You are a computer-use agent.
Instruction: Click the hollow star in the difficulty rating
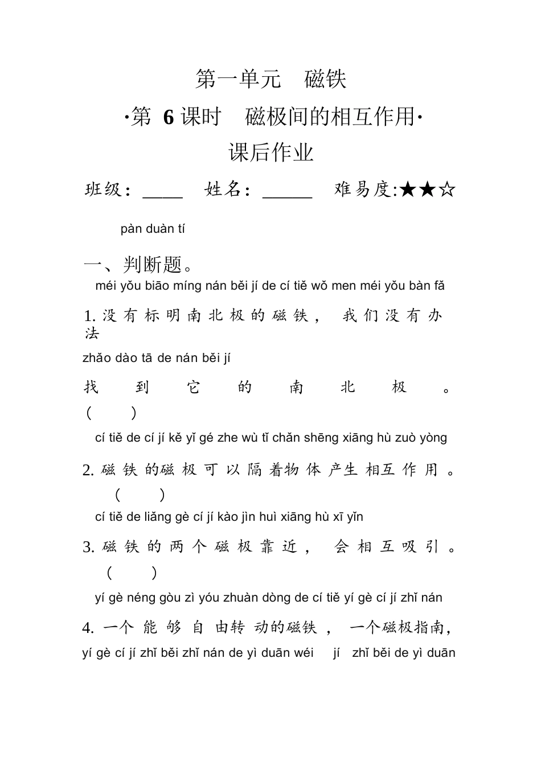448,189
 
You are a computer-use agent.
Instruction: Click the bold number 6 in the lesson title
168,117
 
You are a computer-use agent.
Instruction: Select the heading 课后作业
271,153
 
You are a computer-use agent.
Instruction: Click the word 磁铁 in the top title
325,79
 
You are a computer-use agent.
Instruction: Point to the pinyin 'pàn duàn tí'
153,229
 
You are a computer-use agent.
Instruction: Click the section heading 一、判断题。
140,265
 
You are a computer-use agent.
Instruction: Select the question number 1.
88,316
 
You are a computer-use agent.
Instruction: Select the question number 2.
88,470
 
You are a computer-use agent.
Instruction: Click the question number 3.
88,547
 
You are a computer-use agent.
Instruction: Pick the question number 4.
88,628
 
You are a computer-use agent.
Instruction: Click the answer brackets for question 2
140,495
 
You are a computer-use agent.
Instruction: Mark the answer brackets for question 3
132,573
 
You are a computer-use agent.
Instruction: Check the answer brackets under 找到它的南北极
111,413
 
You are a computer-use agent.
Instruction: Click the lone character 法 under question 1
92,333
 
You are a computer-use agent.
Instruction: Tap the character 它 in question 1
194,388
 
